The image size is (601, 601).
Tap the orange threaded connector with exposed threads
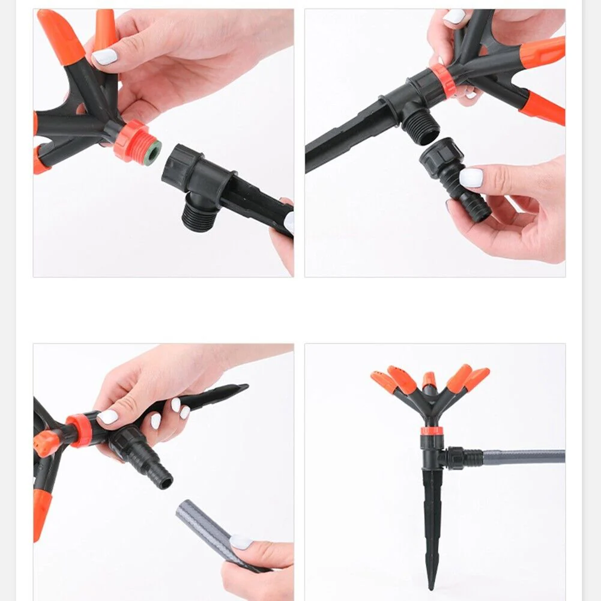click(x=133, y=140)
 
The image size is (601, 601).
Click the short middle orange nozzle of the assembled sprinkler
click(x=429, y=381)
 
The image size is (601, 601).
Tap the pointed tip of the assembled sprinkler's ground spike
click(x=430, y=585)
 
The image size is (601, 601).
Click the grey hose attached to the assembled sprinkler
click(x=522, y=457)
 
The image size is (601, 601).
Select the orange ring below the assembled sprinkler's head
click(x=432, y=430)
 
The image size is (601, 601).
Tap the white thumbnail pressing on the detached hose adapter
click(x=471, y=177)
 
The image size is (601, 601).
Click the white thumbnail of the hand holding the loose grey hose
click(x=241, y=542)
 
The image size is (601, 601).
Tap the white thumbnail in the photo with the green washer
click(x=104, y=57)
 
